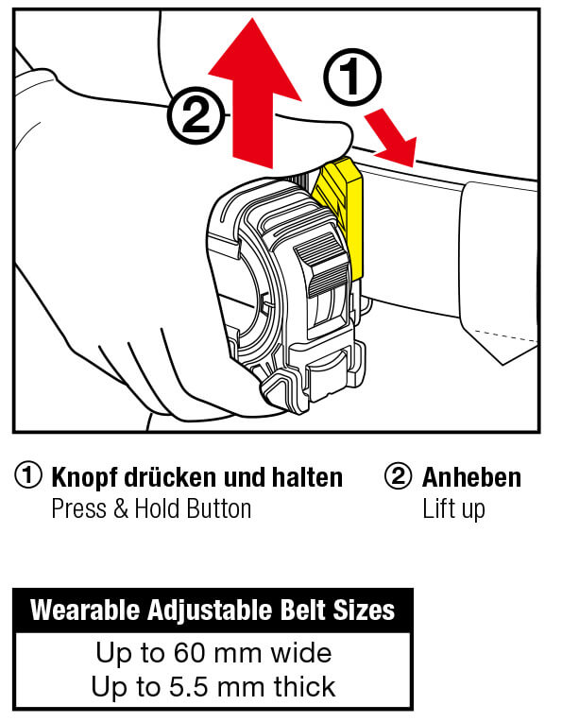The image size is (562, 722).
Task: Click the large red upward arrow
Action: point(253,96)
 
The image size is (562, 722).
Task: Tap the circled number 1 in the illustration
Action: point(352,77)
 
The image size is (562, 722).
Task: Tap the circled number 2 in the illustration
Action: point(196,115)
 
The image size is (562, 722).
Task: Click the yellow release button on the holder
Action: point(343,212)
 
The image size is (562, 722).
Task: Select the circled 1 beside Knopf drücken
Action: point(28,475)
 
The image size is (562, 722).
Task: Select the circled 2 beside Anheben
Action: point(398,475)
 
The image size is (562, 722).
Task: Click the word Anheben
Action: point(471,477)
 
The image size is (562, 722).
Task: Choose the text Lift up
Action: point(453,509)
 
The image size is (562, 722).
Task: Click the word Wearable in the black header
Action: point(85,610)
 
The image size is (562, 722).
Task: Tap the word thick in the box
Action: point(304,686)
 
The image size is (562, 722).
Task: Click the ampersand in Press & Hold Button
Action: point(120,508)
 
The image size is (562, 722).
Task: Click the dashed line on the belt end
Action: point(505,335)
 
